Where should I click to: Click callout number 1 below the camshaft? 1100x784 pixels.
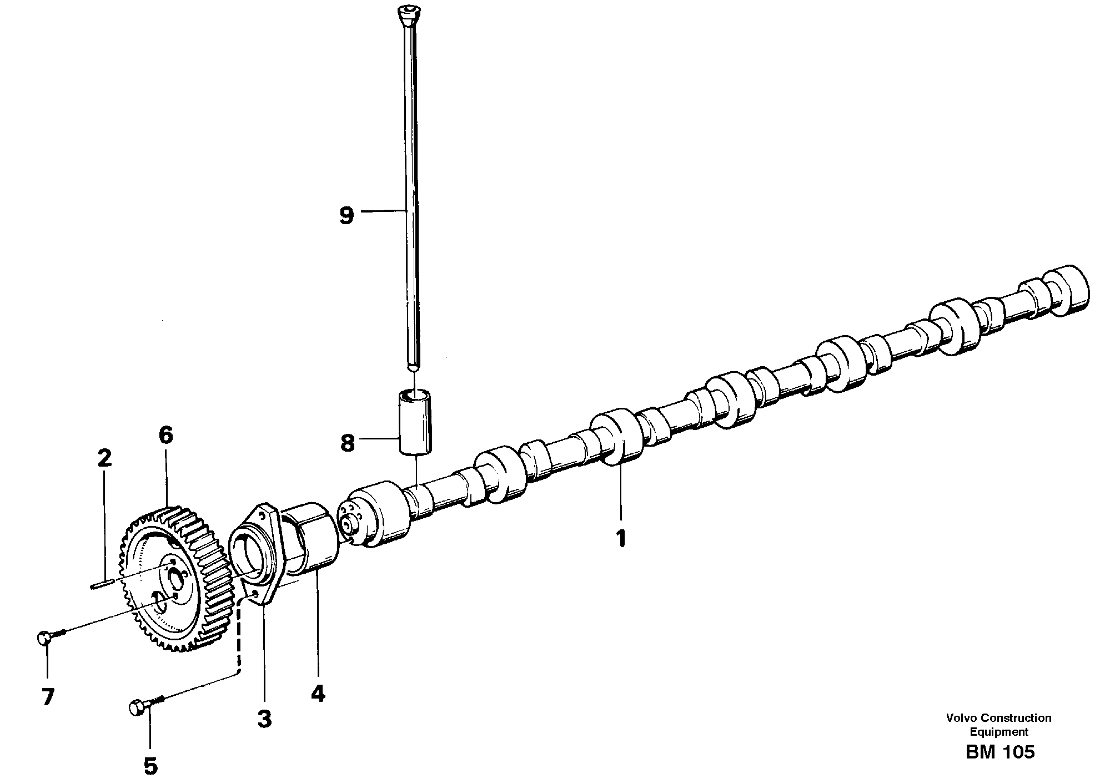pyautogui.click(x=621, y=538)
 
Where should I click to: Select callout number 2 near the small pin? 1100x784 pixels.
pyautogui.click(x=104, y=458)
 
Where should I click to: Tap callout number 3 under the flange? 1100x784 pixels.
pyautogui.click(x=264, y=720)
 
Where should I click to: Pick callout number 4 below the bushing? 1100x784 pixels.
pyautogui.click(x=318, y=694)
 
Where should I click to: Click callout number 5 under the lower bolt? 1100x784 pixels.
pyautogui.click(x=150, y=766)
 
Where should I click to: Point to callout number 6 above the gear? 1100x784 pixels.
pyautogui.click(x=165, y=436)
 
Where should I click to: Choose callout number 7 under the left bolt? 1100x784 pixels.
pyautogui.click(x=48, y=697)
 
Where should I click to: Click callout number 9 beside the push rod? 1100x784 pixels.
pyautogui.click(x=346, y=215)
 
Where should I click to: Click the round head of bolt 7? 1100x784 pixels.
pyautogui.click(x=44, y=638)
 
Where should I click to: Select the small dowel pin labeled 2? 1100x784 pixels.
pyautogui.click(x=101, y=583)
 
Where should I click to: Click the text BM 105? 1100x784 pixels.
pyautogui.click(x=999, y=752)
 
